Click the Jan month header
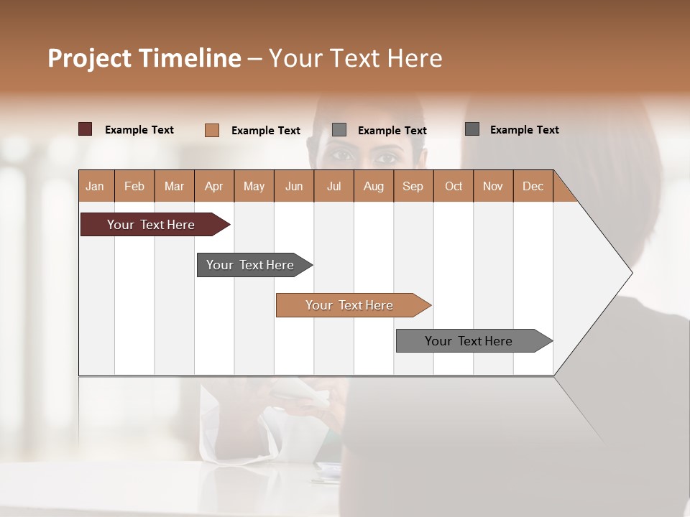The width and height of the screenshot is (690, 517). pyautogui.click(x=96, y=186)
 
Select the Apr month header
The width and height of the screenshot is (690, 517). pyautogui.click(x=214, y=186)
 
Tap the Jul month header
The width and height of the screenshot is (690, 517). pyautogui.click(x=333, y=186)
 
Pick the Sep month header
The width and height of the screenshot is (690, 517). pyautogui.click(x=413, y=186)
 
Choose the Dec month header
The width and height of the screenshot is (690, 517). pyautogui.click(x=533, y=186)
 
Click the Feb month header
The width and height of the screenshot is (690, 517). pyautogui.click(x=134, y=186)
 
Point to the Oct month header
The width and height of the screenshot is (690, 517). pyautogui.click(x=454, y=186)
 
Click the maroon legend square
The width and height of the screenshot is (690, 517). pyautogui.click(x=85, y=129)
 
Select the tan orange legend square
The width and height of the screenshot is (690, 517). pyautogui.click(x=211, y=130)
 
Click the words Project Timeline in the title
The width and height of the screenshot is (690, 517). pyautogui.click(x=144, y=58)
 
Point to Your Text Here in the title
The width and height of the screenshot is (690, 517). pyautogui.click(x=355, y=58)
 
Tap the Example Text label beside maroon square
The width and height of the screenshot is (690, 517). pyautogui.click(x=139, y=130)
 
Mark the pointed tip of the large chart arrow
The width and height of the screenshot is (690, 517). pyautogui.click(x=631, y=273)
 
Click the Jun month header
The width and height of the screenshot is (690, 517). pyautogui.click(x=294, y=186)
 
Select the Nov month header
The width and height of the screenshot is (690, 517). pyautogui.click(x=493, y=186)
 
